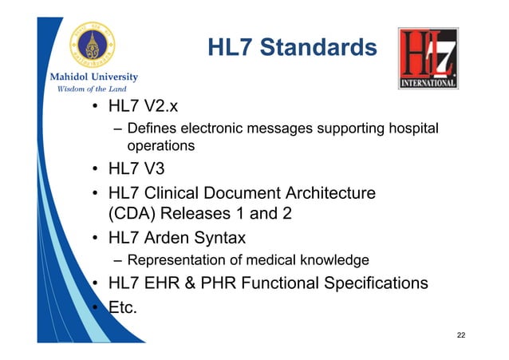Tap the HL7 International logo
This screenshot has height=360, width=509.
pyautogui.click(x=428, y=58)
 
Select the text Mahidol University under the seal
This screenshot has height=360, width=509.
pyautogui.click(x=95, y=77)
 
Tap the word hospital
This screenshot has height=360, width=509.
pyautogui.click(x=412, y=129)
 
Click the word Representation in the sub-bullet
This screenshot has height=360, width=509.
pyautogui.click(x=174, y=260)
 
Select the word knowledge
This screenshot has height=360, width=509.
pyautogui.click(x=334, y=260)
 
